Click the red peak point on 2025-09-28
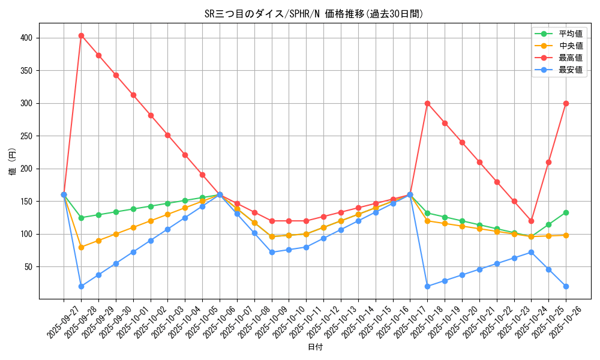(81, 35)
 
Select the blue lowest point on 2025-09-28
(81, 286)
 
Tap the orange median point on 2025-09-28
(81, 247)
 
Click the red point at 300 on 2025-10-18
(427, 103)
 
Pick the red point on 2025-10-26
(566, 103)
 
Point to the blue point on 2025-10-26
(566, 286)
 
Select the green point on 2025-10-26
(566, 212)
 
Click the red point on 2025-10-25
(548, 162)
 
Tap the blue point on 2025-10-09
(272, 252)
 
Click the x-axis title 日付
(315, 347)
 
